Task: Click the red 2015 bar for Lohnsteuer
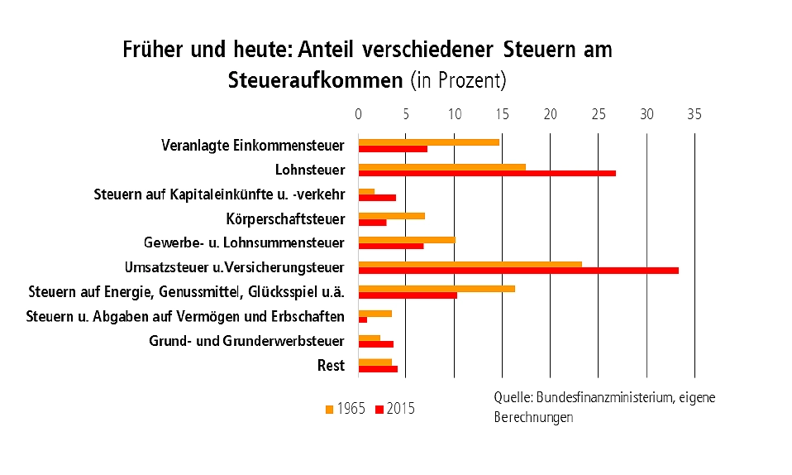487,173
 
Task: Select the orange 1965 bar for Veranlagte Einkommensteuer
428,142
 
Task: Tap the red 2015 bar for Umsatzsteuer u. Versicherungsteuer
518,271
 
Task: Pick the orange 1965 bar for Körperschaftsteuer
391,215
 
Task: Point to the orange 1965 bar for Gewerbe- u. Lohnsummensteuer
406,240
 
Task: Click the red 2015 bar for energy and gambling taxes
408,295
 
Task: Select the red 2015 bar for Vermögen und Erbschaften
363,319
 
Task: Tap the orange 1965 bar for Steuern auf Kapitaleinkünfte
366,191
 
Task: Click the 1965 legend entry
345,409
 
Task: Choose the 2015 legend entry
395,409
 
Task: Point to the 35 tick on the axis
694,115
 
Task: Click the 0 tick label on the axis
359,115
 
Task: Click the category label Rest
331,366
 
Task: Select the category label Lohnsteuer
309,170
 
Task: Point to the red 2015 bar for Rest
378,369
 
